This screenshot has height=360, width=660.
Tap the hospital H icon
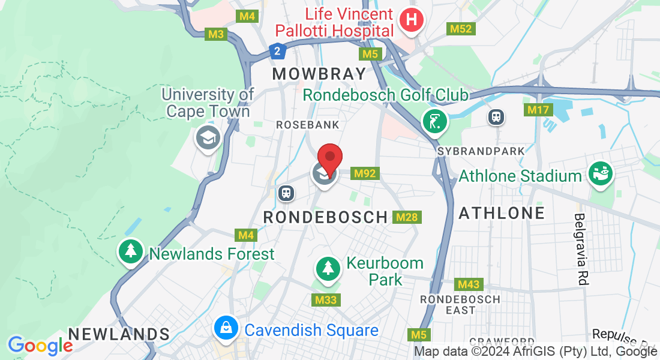click(411, 20)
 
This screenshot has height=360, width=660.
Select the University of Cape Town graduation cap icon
click(208, 139)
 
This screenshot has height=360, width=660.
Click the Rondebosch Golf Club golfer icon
click(435, 121)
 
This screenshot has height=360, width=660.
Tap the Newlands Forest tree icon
click(130, 252)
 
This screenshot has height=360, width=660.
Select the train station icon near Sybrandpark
click(496, 116)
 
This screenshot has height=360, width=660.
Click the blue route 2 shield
click(276, 52)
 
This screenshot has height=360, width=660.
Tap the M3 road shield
click(216, 34)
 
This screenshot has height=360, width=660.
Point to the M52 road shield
click(461, 28)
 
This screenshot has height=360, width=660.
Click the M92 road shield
click(365, 173)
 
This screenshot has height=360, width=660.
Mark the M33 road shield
click(326, 299)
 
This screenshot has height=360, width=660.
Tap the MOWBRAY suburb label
click(319, 74)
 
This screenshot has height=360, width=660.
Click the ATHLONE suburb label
click(502, 212)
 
